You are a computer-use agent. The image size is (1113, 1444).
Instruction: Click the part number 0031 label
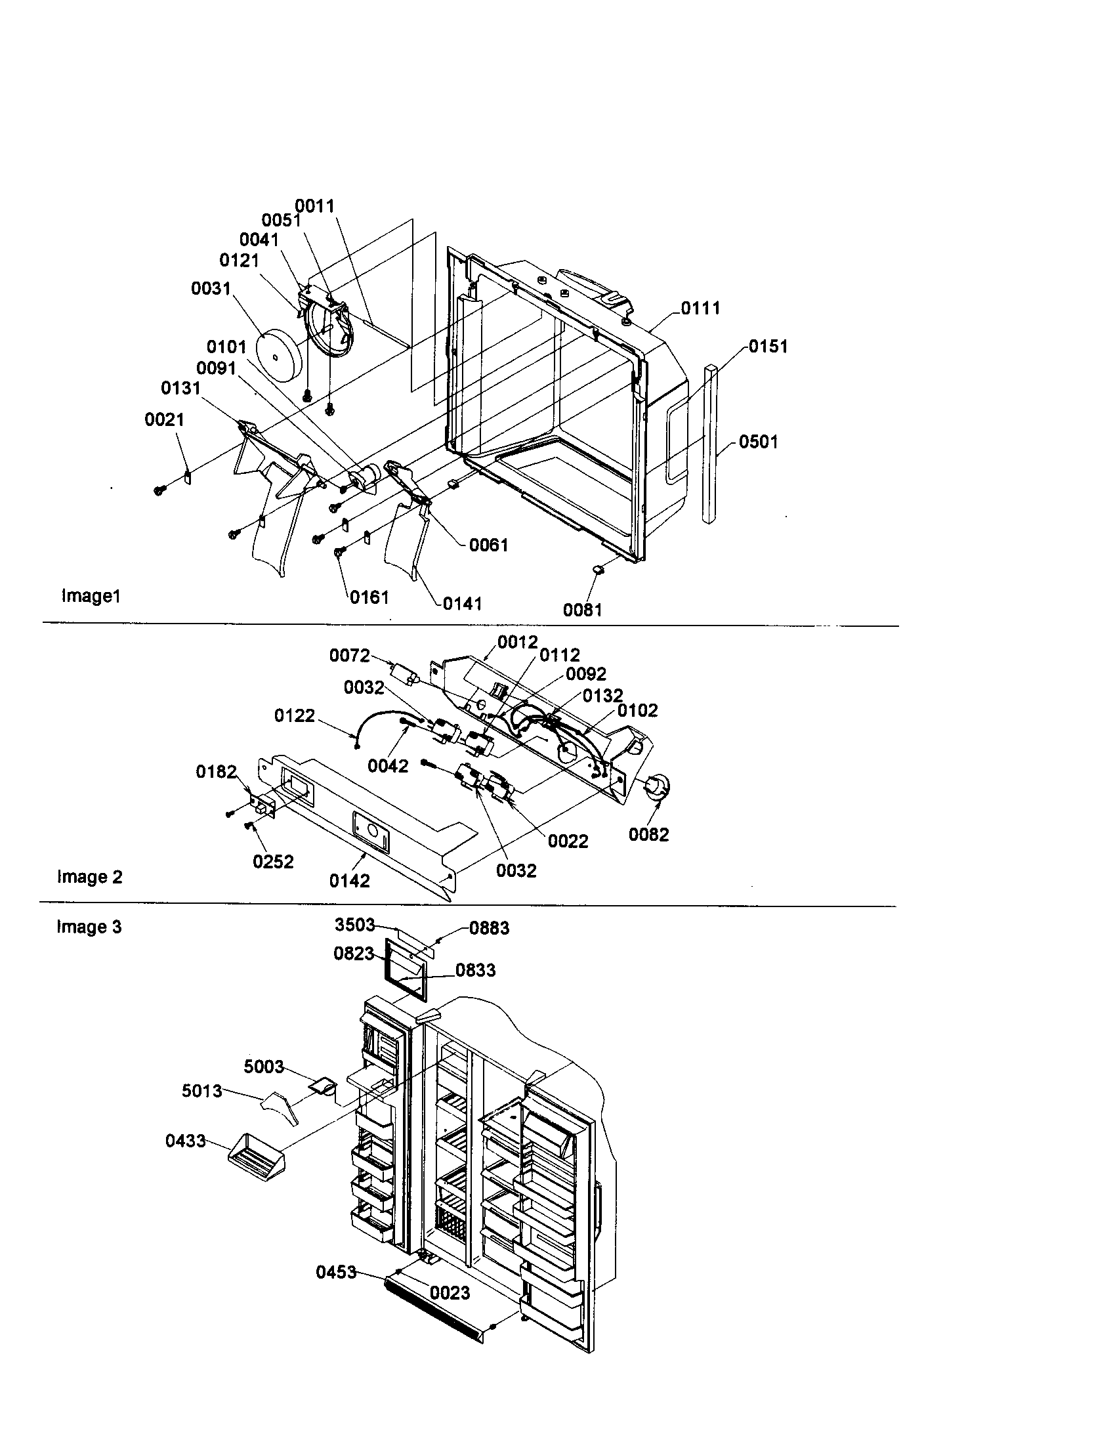coord(211,288)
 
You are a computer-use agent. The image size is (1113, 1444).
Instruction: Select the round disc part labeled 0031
coord(280,358)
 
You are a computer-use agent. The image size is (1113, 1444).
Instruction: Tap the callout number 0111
coord(701,307)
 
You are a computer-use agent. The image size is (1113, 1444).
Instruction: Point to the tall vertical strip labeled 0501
coord(709,443)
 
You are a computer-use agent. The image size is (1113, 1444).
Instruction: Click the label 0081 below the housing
coord(582,610)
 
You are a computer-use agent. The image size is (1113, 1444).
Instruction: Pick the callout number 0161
coord(369,597)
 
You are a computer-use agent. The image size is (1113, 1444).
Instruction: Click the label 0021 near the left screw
coord(165,419)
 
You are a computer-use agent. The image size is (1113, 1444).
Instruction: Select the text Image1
coord(91,596)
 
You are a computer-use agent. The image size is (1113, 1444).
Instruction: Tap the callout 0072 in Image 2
coord(350,655)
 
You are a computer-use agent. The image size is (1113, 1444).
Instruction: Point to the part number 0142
coord(350,880)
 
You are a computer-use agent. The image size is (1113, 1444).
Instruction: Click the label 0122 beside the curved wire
coord(295,715)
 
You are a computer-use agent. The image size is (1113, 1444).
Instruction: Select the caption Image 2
coord(90,877)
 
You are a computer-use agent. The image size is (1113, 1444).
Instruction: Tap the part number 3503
coord(355,924)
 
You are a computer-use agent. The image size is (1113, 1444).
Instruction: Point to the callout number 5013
coord(201,1090)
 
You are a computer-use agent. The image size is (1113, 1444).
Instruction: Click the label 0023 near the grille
coord(450,1292)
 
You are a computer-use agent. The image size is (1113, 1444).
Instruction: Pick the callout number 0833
coord(475,970)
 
